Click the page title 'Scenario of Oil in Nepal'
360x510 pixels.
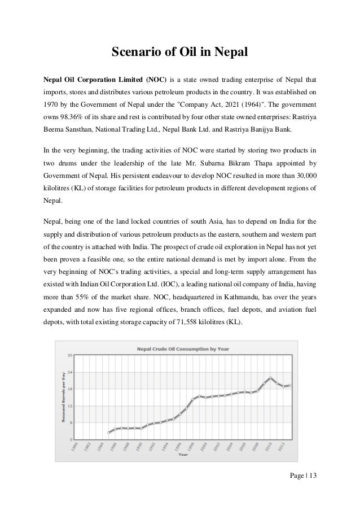pyautogui.click(x=179, y=53)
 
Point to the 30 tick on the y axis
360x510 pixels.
pyautogui.click(x=69, y=356)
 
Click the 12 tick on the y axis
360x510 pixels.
pyautogui.click(x=69, y=406)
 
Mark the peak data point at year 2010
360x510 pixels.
pyautogui.click(x=272, y=377)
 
